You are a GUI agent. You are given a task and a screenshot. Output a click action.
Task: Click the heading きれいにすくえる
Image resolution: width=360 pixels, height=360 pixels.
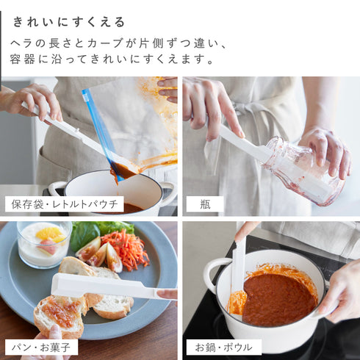[x=69, y=22]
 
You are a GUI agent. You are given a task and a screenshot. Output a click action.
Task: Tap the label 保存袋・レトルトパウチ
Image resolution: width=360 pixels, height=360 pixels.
[x=65, y=204]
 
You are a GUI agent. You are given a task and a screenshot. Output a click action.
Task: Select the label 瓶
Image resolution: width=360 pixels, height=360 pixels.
[x=205, y=204]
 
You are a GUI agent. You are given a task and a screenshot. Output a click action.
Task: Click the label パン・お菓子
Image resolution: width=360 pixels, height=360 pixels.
[x=41, y=347]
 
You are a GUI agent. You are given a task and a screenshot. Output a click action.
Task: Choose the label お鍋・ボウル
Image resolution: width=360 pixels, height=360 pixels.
[x=223, y=347]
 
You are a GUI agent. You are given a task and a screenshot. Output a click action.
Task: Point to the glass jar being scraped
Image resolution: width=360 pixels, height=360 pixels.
[x=303, y=171]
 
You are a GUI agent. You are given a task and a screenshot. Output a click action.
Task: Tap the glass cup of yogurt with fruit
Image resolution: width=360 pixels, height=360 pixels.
[x=44, y=244]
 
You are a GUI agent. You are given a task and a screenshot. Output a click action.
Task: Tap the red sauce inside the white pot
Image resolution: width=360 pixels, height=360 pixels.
[x=279, y=300]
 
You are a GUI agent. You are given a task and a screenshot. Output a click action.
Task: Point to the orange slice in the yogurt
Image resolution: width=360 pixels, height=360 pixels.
[x=50, y=234]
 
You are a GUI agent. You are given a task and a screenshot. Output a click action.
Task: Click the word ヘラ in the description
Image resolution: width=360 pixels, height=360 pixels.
[x=21, y=43]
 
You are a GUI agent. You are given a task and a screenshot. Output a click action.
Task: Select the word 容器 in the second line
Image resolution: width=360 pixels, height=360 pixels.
[x=22, y=60]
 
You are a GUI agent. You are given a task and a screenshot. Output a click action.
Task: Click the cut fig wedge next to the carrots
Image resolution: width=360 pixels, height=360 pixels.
[x=113, y=257]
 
